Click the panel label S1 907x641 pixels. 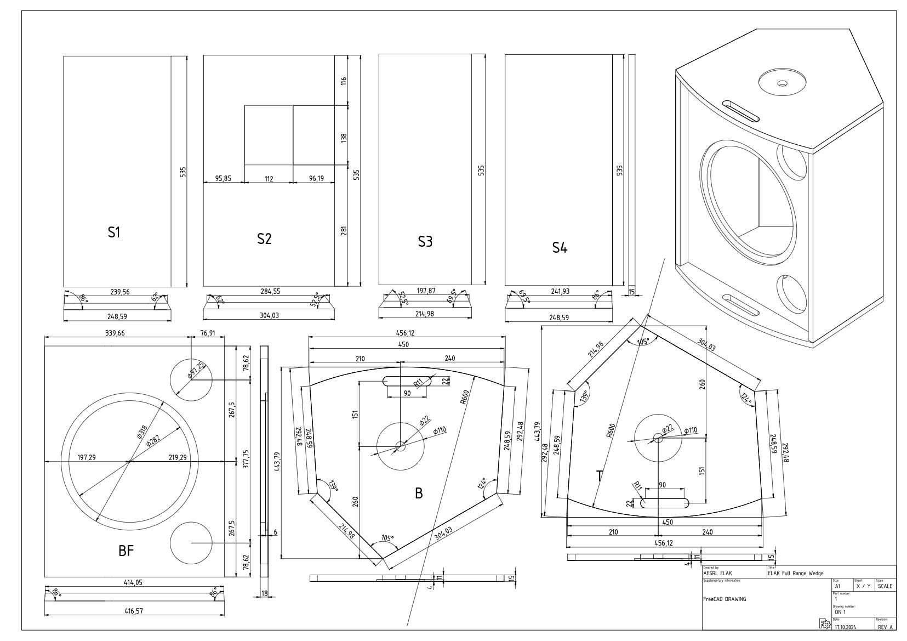[113, 232]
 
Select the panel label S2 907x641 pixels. [264, 239]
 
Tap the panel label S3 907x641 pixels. [425, 242]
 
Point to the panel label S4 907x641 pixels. [559, 248]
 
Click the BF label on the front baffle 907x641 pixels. [126, 551]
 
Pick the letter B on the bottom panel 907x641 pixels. [419, 493]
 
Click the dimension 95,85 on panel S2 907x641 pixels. [223, 178]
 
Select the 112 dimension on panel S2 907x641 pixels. [269, 178]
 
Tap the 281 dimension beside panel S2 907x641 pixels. [344, 232]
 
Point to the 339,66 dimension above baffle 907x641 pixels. [114, 333]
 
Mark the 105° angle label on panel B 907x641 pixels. [387, 538]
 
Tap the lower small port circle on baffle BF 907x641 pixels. [191, 542]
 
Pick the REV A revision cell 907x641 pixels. [885, 627]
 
